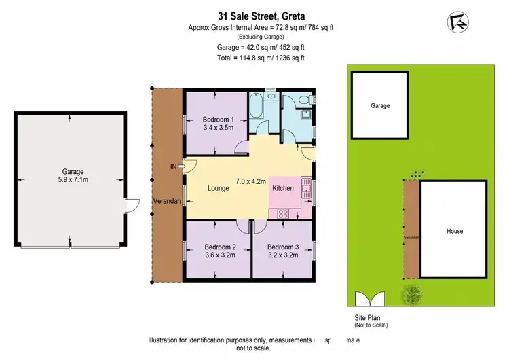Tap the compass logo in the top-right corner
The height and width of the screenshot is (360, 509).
[459, 22]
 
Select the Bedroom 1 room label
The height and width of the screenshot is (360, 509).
[218, 118]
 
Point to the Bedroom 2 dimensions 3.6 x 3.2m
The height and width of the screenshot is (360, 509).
[219, 257]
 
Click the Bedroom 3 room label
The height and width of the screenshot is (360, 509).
[282, 247]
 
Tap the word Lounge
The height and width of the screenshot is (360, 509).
[218, 188]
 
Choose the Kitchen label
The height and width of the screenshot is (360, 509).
[283, 188]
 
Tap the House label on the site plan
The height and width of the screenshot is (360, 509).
[454, 231]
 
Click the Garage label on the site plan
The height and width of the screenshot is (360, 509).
[380, 106]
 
